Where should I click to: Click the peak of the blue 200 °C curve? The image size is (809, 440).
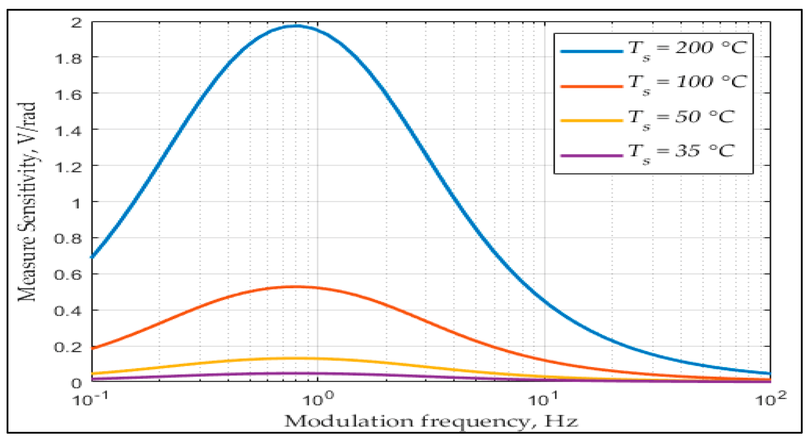point(296,26)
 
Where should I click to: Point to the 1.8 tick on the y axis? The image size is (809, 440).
point(68,58)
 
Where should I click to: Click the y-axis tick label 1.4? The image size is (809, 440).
point(68,130)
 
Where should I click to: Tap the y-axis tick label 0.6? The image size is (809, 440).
point(68,274)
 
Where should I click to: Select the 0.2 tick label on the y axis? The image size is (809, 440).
point(68,347)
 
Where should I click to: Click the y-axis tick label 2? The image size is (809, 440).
point(77,23)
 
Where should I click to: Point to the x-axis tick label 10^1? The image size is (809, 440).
point(544,399)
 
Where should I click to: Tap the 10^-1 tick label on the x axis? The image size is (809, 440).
point(91,399)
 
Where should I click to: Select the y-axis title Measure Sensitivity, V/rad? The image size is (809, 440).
point(27,202)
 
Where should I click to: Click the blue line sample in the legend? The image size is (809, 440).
point(591,51)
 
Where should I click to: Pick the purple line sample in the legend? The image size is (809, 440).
point(591,155)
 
